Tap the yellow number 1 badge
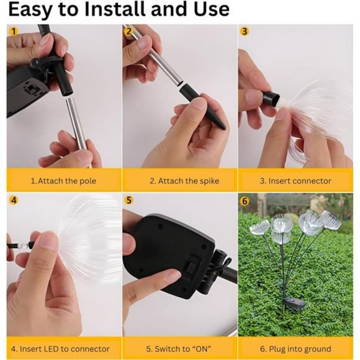pyautogui.click(x=14, y=31)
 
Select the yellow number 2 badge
pyautogui.click(x=129, y=31)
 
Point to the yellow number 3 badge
pyautogui.click(x=245, y=31)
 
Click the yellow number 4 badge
pyautogui.click(x=14, y=200)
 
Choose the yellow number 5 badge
pyautogui.click(x=129, y=200)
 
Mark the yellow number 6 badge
pyautogui.click(x=245, y=201)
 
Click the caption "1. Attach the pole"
pyautogui.click(x=63, y=181)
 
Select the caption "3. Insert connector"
pyautogui.click(x=295, y=181)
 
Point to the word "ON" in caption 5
pyautogui.click(x=201, y=349)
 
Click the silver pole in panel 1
pyautogui.click(x=76, y=124)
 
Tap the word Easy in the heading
pyautogui.click(x=31, y=11)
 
